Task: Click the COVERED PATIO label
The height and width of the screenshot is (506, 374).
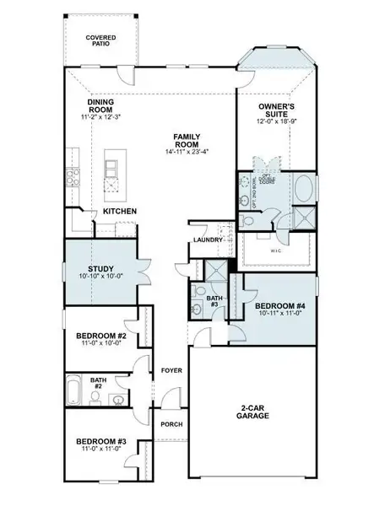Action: coord(100,42)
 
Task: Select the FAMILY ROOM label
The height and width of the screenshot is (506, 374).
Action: coord(186,141)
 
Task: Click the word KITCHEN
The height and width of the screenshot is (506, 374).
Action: coord(120,211)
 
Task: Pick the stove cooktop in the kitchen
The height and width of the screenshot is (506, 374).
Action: coord(71,178)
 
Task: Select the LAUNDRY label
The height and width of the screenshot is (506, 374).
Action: coord(207,240)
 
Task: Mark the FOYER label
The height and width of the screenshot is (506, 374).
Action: coord(171,370)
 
